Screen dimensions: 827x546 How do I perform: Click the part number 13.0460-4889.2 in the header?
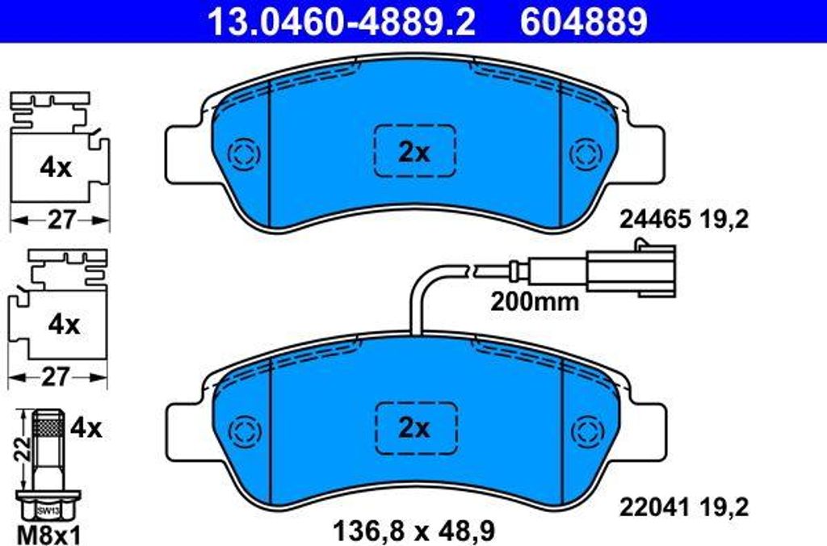[342, 22]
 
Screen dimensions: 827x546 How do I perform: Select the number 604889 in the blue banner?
[583, 22]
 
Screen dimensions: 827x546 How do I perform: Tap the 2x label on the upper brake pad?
[414, 153]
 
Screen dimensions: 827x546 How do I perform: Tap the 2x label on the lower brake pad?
[414, 428]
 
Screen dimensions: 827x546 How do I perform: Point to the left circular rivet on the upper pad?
[244, 154]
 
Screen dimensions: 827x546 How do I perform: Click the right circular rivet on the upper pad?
[586, 154]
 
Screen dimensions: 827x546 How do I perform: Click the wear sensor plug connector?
[630, 271]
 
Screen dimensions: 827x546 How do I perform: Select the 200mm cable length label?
[535, 302]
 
